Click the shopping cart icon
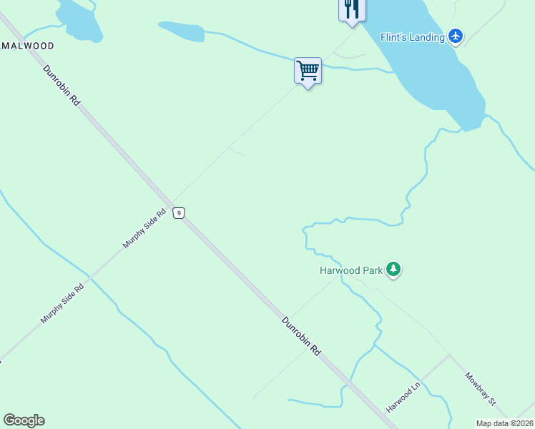(x=308, y=71)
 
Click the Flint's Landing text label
(x=412, y=37)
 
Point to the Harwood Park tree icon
(x=393, y=270)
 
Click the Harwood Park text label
(x=351, y=270)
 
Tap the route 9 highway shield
(x=179, y=212)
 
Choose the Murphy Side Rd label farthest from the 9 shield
(x=62, y=302)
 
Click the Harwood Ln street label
(x=402, y=398)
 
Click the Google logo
(x=24, y=420)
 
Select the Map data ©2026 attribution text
(x=504, y=423)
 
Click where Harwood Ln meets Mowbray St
(x=448, y=355)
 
